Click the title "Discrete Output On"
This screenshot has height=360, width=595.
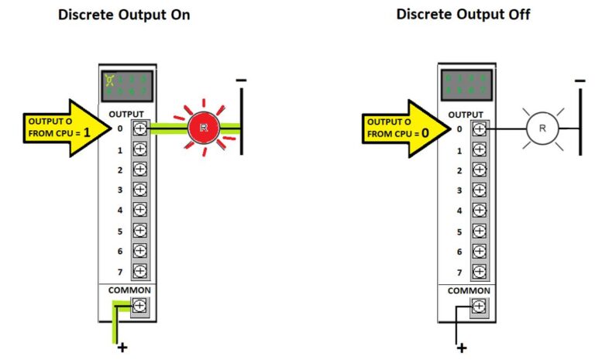[x=124, y=15]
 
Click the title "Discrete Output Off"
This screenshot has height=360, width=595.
[x=463, y=15]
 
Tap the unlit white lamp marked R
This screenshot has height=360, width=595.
[x=542, y=129]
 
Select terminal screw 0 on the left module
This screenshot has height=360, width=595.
[x=140, y=129]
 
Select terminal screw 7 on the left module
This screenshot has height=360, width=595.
[x=140, y=272]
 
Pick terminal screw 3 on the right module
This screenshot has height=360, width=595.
[x=479, y=190]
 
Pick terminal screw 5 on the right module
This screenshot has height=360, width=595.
[x=479, y=231]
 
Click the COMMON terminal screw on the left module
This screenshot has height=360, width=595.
[x=140, y=307]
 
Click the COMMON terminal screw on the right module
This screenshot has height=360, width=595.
[x=479, y=307]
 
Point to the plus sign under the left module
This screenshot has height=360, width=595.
[x=122, y=348]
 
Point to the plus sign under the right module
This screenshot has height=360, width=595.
[x=462, y=348]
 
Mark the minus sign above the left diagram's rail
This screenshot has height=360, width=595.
[x=242, y=79]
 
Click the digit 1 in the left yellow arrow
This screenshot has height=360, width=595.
[x=87, y=133]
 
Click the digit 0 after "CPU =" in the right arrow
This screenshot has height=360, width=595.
[x=425, y=133]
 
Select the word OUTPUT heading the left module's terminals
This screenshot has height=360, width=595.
[x=127, y=113]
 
